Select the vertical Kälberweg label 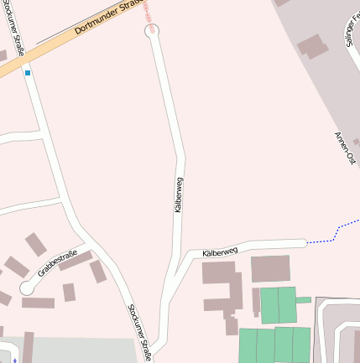click(179, 194)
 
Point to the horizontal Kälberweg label click(220, 250)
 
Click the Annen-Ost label click(345, 149)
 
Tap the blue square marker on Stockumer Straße click(28, 73)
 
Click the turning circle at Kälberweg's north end click(152, 31)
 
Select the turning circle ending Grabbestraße click(27, 287)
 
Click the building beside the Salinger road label click(313, 45)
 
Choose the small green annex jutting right click(304, 299)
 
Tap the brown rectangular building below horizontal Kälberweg click(270, 268)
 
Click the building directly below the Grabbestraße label click(69, 292)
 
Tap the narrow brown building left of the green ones click(256, 301)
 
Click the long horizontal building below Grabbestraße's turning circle click(39, 303)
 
